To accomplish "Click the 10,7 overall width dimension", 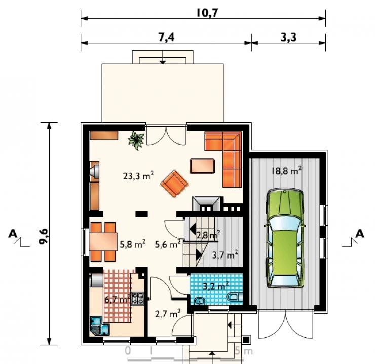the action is (x=207, y=13).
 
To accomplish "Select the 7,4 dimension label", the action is (x=166, y=37).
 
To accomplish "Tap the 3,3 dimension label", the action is (x=288, y=37).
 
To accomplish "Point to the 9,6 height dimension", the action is (x=44, y=236).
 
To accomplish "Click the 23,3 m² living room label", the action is (x=138, y=176).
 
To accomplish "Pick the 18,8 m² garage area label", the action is (x=286, y=171).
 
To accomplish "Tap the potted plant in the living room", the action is (x=136, y=140).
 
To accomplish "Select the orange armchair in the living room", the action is (x=174, y=184).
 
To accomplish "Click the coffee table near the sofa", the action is (x=202, y=166).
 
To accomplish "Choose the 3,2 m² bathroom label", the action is (x=216, y=286).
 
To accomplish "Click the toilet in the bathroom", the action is (x=234, y=297).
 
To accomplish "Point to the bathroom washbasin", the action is (x=200, y=301).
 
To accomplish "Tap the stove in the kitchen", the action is (x=138, y=299).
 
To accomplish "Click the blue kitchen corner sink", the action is (x=100, y=326).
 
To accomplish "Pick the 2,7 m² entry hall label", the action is (x=168, y=313).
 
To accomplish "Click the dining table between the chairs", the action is (x=103, y=241).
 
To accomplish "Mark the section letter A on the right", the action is (x=360, y=234).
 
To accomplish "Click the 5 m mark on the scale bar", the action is (x=243, y=351).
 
